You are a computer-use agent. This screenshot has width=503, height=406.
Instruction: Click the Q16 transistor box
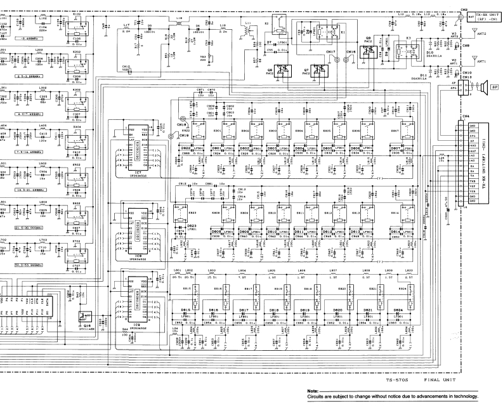(x=82, y=316)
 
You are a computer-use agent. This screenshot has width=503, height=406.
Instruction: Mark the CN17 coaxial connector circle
(x=336, y=62)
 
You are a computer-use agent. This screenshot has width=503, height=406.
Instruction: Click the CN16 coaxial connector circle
(x=351, y=62)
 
